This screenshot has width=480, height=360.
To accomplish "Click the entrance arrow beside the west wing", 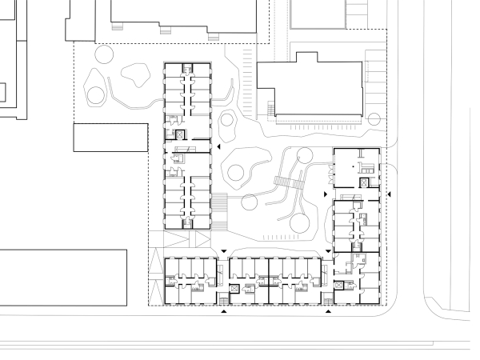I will pos(218,149).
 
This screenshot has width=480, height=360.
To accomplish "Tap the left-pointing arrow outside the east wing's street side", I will pos(390,194).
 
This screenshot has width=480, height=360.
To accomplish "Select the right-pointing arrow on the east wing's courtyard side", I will pos(324,194).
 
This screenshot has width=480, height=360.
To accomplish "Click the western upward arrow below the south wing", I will pos(224,312).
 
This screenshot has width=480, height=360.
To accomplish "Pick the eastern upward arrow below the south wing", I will pos(328,312).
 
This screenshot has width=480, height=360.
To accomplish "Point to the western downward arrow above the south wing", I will pos(225,251).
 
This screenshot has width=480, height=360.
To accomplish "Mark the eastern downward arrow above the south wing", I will pos(328,251).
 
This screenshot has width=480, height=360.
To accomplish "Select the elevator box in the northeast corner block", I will pos(365,182).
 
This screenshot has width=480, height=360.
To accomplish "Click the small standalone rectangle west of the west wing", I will pos(111,138).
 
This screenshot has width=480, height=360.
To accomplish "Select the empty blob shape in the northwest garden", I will pos(137,76).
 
